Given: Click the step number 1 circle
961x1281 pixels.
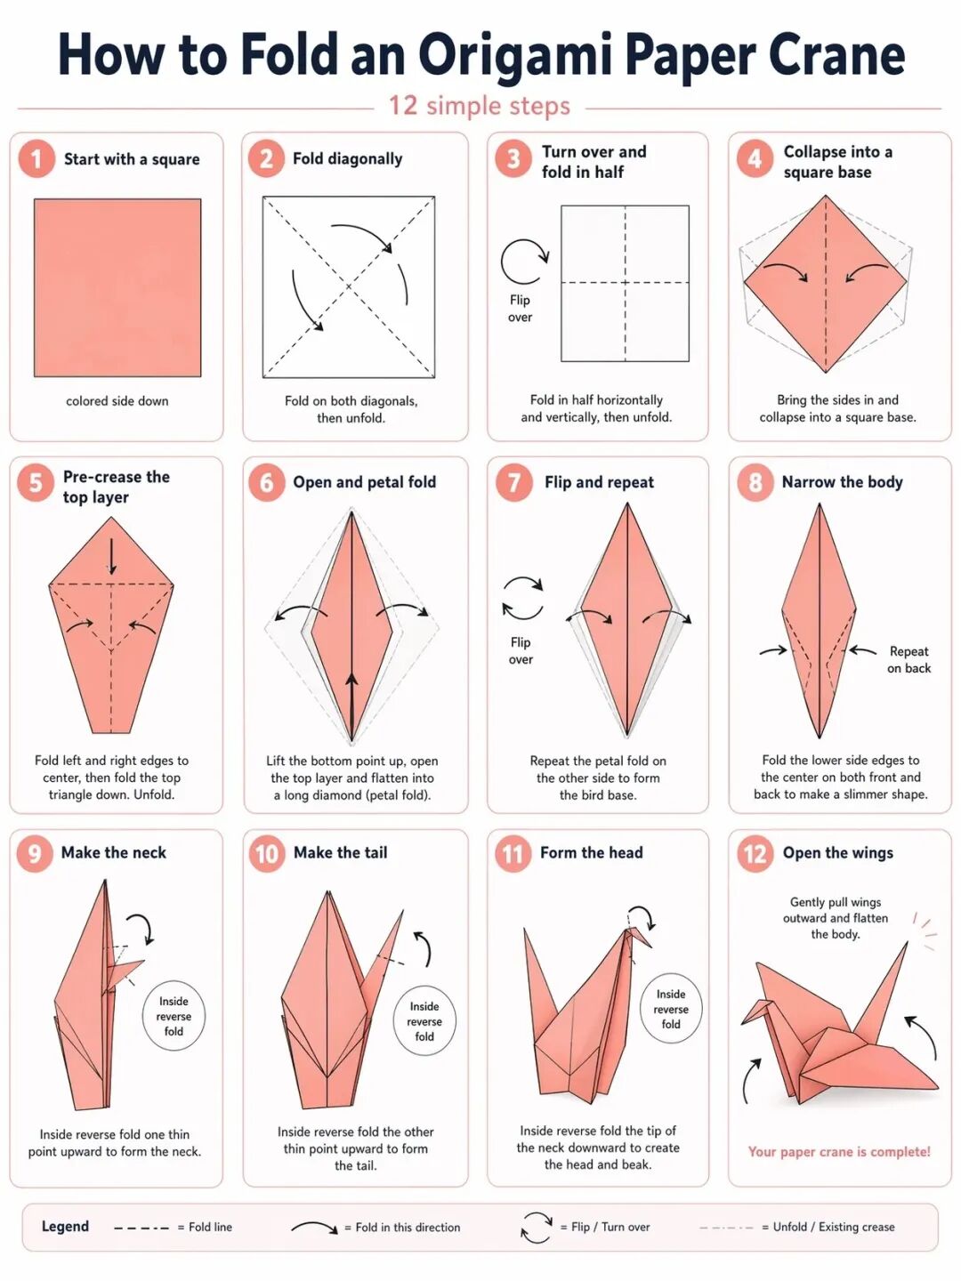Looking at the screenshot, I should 36,159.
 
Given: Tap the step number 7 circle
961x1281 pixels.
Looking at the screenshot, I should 513,482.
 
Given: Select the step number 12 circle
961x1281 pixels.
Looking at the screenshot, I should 755,854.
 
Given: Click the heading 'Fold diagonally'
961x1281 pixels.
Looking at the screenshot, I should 347,159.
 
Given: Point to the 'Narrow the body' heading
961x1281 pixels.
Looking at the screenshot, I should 842,482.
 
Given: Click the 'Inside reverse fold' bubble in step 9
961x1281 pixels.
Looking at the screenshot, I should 174,1017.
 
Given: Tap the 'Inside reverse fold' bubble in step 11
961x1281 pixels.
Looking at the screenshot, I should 671,1009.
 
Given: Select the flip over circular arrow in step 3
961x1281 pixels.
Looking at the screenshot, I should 524,262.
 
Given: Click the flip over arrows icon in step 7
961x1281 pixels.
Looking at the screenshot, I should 522,598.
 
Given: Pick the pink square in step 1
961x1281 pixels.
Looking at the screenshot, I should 117,287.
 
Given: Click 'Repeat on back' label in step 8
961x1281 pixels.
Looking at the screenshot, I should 909,659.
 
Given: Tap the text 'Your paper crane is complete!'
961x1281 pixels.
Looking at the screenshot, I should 839,1152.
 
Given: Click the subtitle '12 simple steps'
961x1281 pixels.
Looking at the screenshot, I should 480,106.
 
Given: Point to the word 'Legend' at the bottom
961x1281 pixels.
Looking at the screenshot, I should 65,1227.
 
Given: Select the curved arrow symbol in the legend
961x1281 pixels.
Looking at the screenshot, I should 314,1228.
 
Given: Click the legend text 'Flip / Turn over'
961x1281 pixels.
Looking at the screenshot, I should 610,1228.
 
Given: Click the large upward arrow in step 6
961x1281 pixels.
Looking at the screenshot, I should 352,703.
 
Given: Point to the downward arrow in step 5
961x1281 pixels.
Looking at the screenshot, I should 112,556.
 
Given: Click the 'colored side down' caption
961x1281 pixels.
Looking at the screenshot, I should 117,401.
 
